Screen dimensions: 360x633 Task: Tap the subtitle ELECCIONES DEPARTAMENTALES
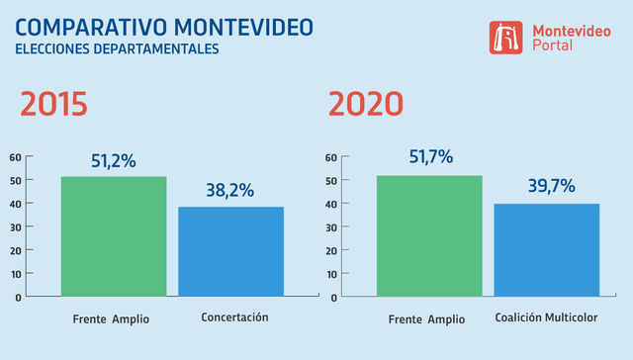click(x=117, y=48)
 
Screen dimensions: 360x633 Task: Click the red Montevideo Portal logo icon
click(x=506, y=38)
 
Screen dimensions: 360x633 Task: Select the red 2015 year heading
click(x=54, y=104)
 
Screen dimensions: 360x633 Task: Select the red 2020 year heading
click(x=365, y=104)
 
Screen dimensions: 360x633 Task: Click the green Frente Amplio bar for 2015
click(x=114, y=236)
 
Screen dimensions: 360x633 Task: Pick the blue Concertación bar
click(x=230, y=251)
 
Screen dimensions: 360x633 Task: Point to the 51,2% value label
click(x=114, y=160)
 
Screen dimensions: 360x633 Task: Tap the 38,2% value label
click(x=230, y=190)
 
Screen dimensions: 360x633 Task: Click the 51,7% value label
click(x=429, y=157)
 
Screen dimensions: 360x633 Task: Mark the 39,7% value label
click(x=547, y=186)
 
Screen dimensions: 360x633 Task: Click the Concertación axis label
click(x=234, y=317)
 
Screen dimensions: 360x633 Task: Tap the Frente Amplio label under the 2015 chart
click(x=111, y=318)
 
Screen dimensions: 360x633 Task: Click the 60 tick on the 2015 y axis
click(x=15, y=157)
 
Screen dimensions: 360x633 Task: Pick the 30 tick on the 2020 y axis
click(x=330, y=226)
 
